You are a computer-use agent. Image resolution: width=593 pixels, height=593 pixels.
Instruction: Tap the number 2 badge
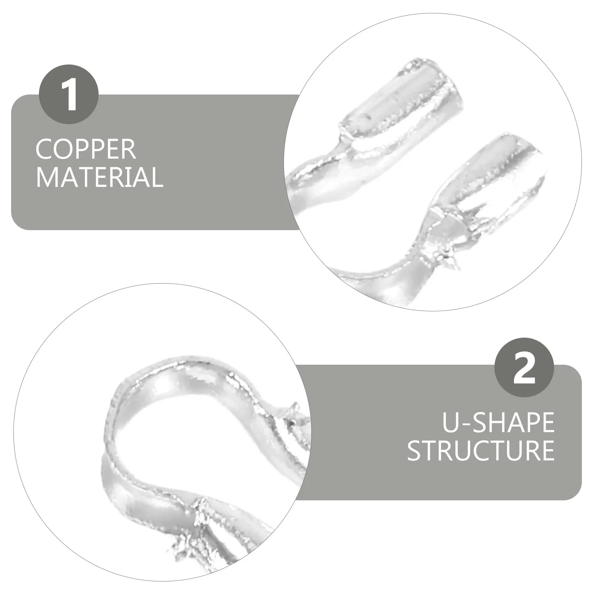(524, 368)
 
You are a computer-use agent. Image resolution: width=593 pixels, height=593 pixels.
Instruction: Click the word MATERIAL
(99, 177)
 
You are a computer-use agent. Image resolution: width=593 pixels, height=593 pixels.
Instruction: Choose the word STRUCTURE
(481, 450)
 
